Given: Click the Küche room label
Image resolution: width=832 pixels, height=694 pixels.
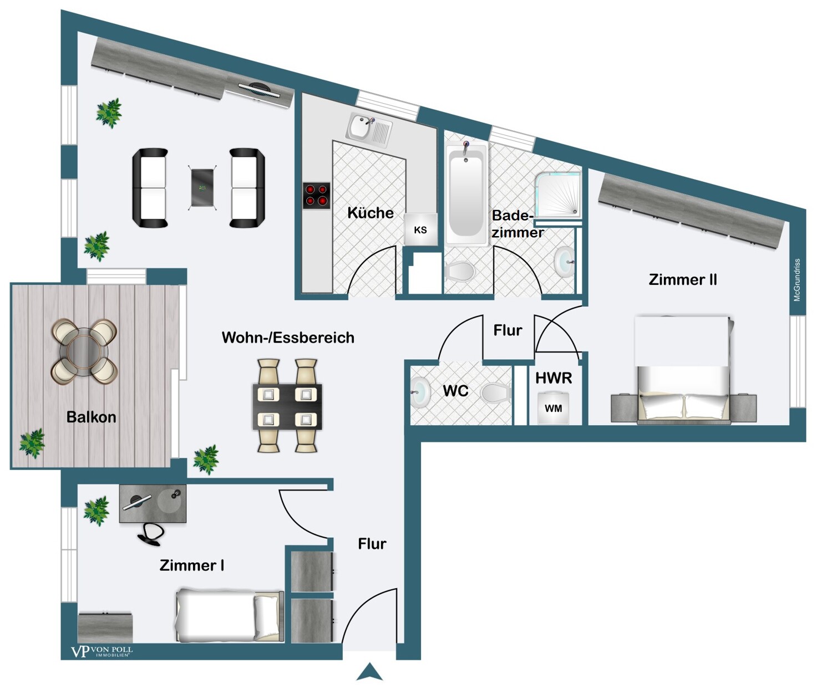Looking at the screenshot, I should tap(370, 213).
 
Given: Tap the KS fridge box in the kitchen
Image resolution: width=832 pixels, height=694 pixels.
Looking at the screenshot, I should tap(420, 229).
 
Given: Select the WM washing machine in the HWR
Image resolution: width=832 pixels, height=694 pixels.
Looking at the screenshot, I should tap(553, 409).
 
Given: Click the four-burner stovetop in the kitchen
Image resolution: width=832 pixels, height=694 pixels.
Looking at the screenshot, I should tap(316, 196).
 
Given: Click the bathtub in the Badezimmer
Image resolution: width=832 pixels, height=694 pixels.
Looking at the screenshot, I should tap(466, 194).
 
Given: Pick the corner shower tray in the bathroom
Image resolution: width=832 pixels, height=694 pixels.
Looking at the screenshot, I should tap(558, 194).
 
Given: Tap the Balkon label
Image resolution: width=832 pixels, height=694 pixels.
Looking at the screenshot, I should tap(91, 417).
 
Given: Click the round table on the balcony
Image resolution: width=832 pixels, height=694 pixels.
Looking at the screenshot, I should tap(84, 351).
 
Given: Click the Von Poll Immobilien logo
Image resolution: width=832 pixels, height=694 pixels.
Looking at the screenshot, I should tap(102, 651).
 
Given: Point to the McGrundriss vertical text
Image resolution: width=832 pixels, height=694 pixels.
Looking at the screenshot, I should tap(797, 280).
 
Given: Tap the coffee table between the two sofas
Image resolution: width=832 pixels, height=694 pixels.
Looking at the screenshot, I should tap(202, 187).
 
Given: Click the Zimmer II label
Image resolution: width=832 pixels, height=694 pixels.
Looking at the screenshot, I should tap(682, 279).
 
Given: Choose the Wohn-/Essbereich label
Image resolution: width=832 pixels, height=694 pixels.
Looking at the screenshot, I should tap(288, 338).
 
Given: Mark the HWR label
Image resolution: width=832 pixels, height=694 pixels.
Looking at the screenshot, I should tap(553, 378).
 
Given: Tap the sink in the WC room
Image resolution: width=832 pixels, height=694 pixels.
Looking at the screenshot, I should tap(420, 392).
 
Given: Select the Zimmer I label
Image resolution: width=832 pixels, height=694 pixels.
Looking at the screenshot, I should tap(191, 565).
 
